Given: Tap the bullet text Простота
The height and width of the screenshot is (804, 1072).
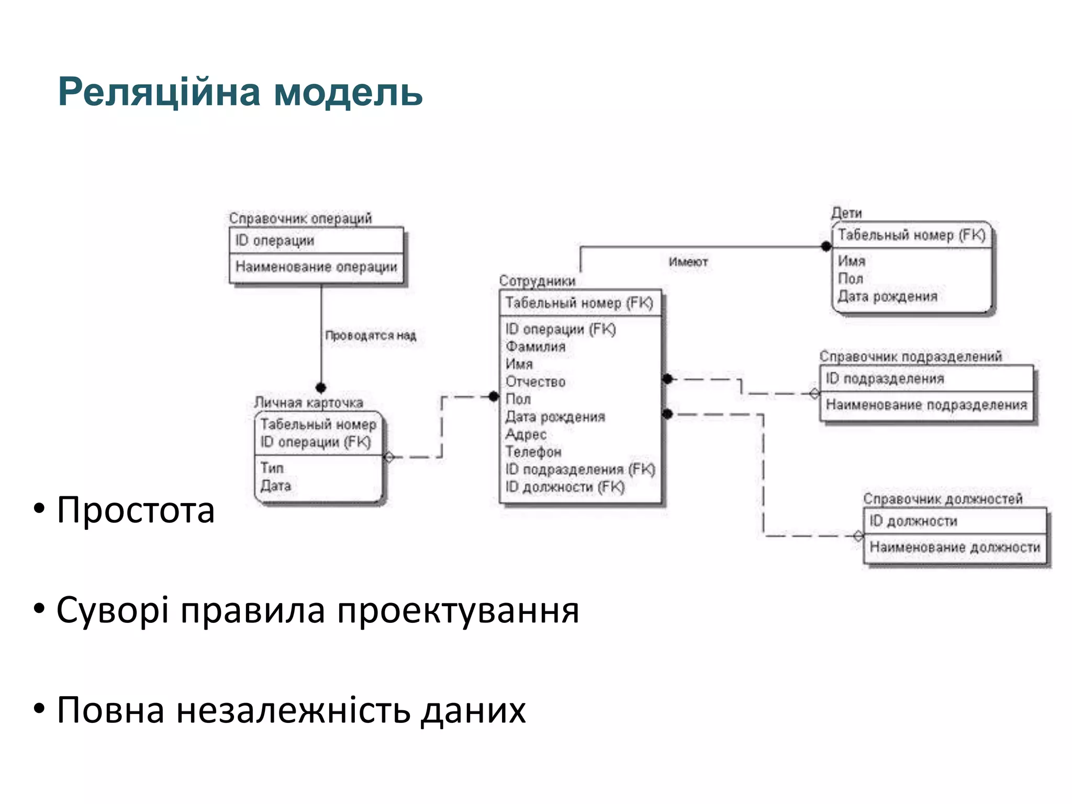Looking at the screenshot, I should click(x=136, y=510).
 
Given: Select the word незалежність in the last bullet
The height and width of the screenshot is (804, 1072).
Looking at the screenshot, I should click(x=293, y=711).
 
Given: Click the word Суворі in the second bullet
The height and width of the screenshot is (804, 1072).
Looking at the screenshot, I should click(x=112, y=611).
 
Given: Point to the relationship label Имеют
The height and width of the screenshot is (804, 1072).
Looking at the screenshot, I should click(x=688, y=262).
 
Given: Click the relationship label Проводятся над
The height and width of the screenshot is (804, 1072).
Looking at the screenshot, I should click(x=370, y=336).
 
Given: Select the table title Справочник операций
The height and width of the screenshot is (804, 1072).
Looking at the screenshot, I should click(x=300, y=218).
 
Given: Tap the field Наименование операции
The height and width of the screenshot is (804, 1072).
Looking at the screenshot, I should click(x=316, y=267).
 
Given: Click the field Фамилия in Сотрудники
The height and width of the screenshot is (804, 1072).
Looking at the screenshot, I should click(x=535, y=347).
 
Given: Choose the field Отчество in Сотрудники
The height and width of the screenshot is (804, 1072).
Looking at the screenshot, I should click(x=535, y=382).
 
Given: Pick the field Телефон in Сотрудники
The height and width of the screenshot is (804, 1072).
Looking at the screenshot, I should click(x=533, y=452).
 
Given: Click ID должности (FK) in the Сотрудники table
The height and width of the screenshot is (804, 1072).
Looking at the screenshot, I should click(x=565, y=487).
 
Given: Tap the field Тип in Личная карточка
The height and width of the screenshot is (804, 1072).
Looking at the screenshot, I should click(x=272, y=468).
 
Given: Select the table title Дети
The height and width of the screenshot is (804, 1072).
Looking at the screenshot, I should click(x=846, y=213).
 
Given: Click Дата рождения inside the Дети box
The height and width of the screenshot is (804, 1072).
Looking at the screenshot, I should click(x=887, y=297).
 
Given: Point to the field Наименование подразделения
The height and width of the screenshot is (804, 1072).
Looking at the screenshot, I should click(x=926, y=405).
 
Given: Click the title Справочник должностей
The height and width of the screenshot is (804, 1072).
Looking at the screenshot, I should click(x=942, y=499).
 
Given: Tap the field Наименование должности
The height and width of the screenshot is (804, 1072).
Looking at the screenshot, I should click(x=954, y=548).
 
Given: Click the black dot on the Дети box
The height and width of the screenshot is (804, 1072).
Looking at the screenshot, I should click(x=826, y=247).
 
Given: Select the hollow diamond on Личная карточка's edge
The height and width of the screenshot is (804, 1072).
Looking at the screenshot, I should click(x=389, y=457).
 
